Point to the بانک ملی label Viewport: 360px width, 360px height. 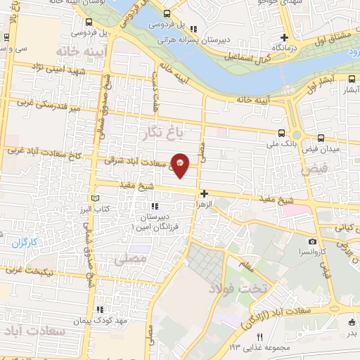(x=281, y=145)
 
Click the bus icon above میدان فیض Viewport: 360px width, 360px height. (x=321, y=138)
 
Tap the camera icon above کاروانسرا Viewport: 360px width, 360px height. (x=312, y=242)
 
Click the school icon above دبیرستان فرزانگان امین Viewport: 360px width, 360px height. (x=154, y=207)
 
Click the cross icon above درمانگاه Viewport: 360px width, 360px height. (x=284, y=38)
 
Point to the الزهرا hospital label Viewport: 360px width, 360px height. (x=204, y=203)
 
